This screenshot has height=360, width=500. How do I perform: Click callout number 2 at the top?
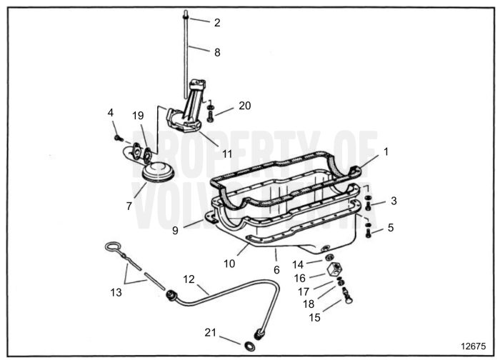(217, 22)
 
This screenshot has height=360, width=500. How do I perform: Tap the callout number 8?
(217, 51)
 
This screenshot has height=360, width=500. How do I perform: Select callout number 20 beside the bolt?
(245, 105)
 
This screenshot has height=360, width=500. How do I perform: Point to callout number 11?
(227, 153)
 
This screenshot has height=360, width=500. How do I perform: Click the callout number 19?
(139, 115)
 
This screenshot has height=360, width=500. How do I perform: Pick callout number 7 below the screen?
(129, 206)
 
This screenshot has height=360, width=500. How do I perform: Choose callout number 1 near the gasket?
(386, 151)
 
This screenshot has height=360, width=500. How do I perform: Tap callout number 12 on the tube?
(189, 279)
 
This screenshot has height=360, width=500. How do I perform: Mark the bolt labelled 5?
(367, 232)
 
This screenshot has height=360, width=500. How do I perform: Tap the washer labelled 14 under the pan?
(328, 257)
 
